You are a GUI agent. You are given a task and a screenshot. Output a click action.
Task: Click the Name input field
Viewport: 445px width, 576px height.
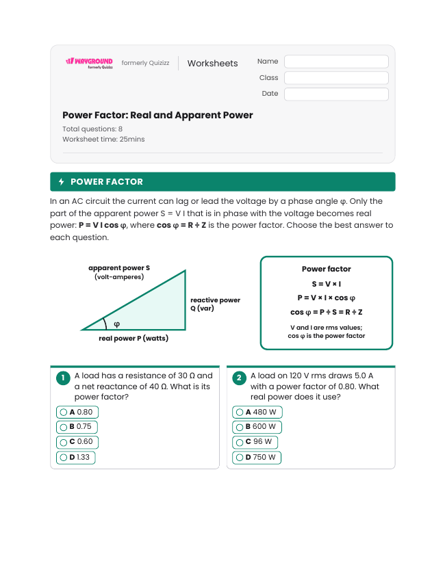[336, 62]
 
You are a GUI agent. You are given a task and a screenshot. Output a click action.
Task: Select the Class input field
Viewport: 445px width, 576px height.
[336, 78]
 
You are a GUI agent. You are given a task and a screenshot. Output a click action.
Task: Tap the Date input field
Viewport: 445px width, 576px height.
[336, 94]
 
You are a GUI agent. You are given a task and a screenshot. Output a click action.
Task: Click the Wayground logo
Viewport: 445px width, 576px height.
[90, 63]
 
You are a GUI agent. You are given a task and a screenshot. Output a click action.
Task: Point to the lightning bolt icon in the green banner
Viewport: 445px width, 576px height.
[62, 182]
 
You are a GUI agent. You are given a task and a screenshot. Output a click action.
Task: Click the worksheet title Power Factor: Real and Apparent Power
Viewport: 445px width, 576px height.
[157, 116]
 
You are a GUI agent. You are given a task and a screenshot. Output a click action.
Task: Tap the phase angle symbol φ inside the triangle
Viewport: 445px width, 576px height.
[116, 324]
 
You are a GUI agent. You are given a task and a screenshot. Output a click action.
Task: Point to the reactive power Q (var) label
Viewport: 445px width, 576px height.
[215, 304]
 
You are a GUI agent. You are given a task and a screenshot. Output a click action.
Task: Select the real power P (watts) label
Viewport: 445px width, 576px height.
[133, 339]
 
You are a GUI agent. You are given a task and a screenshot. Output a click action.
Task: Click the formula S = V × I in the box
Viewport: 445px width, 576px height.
[326, 284]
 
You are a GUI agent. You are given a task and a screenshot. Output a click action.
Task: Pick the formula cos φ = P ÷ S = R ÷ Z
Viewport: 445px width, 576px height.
[326, 312]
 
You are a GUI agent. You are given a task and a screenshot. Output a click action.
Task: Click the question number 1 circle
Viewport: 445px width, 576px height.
[63, 378]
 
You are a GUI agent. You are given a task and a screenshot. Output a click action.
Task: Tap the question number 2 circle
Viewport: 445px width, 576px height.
[240, 378]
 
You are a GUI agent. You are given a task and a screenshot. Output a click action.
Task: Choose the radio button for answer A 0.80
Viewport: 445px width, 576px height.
[64, 413]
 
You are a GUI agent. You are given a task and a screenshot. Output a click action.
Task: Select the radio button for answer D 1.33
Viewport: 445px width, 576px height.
[64, 458]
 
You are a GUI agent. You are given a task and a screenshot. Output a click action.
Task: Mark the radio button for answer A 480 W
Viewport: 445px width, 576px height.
[240, 413]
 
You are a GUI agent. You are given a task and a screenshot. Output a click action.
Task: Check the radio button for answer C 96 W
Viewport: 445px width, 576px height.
[240, 443]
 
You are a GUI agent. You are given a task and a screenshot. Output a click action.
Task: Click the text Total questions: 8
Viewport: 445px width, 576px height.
[92, 129]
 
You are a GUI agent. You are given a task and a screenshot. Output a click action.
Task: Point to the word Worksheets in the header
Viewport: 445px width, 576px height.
[212, 64]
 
